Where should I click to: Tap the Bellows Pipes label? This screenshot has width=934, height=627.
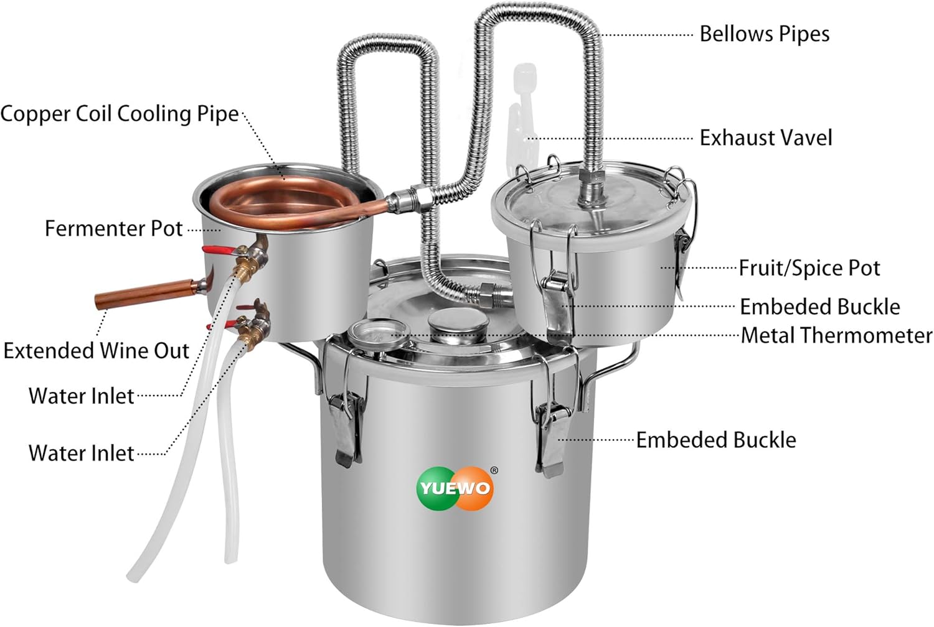click(x=764, y=34)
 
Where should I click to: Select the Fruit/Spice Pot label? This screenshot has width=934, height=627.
click(x=809, y=268)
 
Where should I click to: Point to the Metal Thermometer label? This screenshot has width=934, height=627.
click(x=836, y=335)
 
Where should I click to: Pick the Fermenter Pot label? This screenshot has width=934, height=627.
click(x=113, y=228)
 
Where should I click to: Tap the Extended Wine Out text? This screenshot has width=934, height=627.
click(x=96, y=350)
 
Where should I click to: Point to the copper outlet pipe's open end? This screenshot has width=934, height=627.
click(x=100, y=301)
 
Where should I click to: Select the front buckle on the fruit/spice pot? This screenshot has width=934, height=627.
click(x=557, y=305)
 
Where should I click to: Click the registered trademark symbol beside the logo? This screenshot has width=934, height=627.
click(x=494, y=470)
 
